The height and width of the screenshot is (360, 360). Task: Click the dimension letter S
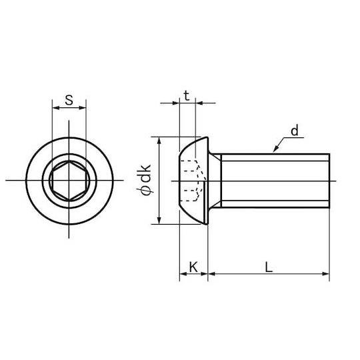69,100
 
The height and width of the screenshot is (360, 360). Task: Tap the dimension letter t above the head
187,96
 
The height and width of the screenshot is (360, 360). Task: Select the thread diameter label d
295,131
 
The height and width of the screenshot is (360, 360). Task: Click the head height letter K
193,267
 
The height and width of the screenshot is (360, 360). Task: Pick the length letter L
269,267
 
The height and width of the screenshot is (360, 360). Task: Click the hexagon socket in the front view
69,181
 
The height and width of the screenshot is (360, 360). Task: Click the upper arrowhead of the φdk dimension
159,141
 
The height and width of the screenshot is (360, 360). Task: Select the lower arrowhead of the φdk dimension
159,221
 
